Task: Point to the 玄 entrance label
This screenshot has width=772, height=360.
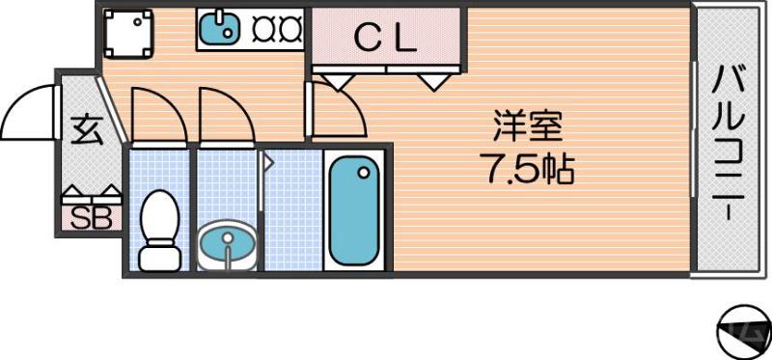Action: pos(86,129)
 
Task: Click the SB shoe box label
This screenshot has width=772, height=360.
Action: pos(92,218)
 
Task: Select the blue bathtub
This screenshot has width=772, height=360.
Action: pos(353,210)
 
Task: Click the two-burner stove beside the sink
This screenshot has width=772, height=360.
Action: pos(278,30)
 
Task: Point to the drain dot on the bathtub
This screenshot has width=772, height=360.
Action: pos(364,173)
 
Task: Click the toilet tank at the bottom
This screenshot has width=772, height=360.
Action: pos(159,257)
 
